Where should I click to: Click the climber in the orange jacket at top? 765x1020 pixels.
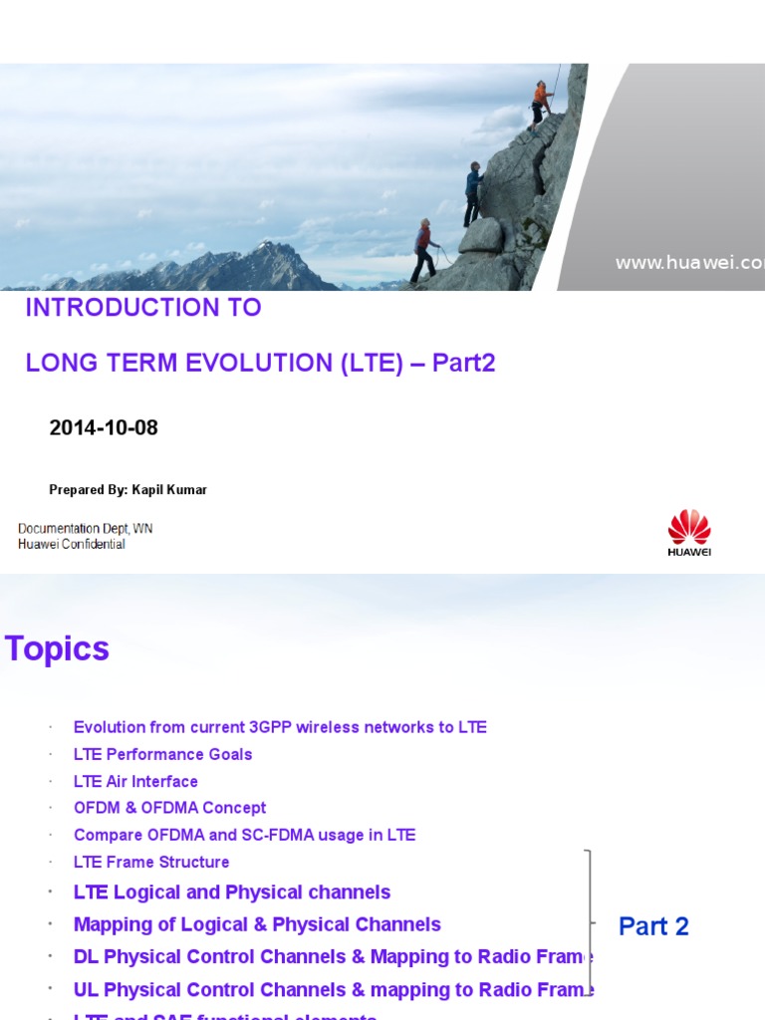[x=541, y=103]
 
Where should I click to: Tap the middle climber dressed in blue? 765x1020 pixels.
[x=473, y=193]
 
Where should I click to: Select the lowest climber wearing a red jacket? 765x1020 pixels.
[x=425, y=249]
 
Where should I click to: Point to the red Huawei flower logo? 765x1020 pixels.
[x=689, y=527]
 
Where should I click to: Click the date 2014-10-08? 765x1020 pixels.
[x=104, y=428]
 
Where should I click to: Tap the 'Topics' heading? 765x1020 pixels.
[x=57, y=649]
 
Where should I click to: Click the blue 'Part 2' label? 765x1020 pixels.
[x=653, y=926]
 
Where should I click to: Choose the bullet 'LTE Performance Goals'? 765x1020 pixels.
[x=162, y=754]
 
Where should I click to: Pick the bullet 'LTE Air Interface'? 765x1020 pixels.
[x=135, y=781]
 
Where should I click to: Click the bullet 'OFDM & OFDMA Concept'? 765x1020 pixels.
[x=169, y=808]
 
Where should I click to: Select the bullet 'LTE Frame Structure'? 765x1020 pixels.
[x=151, y=862]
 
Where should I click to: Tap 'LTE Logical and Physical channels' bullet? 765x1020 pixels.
[x=232, y=892]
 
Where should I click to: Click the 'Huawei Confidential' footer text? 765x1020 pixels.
[x=72, y=544]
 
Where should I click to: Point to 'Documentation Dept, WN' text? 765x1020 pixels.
[x=85, y=528]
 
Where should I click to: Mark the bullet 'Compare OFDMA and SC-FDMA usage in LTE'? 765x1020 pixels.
[x=244, y=835]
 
